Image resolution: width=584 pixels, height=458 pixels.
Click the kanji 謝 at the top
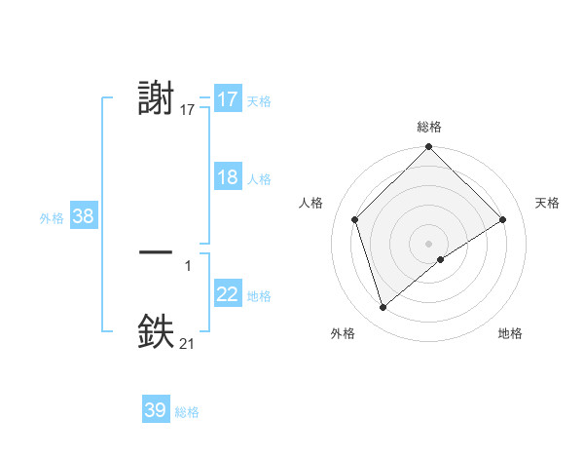click(157, 99)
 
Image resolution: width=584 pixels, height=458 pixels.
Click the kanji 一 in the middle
click(157, 252)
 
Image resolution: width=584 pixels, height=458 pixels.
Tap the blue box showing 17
click(228, 99)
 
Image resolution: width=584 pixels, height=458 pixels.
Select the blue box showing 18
click(228, 178)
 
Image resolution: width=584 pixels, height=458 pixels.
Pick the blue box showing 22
click(228, 295)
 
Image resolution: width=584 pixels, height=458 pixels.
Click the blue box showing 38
click(83, 216)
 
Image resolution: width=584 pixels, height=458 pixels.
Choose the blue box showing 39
click(156, 410)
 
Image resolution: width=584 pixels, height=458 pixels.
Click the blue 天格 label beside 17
click(258, 100)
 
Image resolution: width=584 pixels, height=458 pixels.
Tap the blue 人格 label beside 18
click(259, 179)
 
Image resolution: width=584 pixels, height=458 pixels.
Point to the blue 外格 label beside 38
click(52, 218)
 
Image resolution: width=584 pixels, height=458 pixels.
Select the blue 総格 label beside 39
click(187, 412)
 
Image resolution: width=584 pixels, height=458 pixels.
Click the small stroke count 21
click(187, 343)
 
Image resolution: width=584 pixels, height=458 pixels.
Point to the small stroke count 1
click(188, 265)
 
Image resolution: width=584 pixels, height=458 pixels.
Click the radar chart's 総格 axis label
click(428, 127)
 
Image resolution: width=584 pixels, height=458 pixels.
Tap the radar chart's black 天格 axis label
click(547, 203)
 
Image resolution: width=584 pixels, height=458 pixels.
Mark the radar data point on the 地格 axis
click(441, 259)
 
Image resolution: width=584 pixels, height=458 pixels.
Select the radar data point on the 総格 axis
click(428, 147)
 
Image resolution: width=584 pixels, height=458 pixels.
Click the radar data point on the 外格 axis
click(383, 308)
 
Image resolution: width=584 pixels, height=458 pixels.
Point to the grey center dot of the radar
click(428, 243)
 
